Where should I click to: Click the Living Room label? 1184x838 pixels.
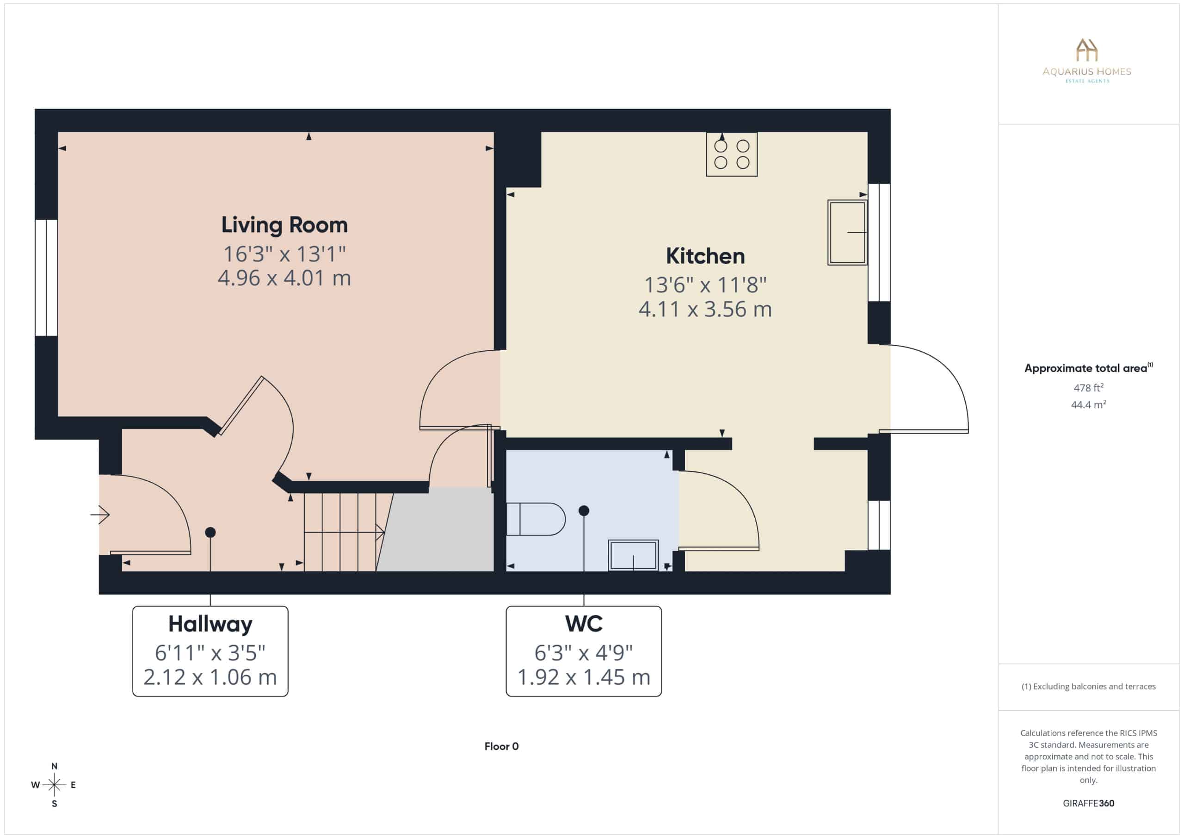click(x=284, y=225)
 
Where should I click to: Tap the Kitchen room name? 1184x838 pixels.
click(x=705, y=256)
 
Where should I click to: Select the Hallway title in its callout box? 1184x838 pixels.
click(x=210, y=624)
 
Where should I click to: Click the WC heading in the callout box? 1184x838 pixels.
click(x=584, y=624)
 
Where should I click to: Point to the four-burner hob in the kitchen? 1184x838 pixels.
click(x=732, y=154)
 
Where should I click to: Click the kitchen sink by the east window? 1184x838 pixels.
click(x=847, y=233)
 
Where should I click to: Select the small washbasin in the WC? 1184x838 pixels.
click(x=633, y=555)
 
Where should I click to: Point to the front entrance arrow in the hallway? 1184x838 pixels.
click(x=100, y=515)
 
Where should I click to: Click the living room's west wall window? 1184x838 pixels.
click(x=46, y=278)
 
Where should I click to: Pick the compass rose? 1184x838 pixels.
click(x=54, y=785)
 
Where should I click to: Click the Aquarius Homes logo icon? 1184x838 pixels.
click(x=1086, y=50)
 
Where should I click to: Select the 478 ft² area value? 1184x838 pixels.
click(x=1089, y=387)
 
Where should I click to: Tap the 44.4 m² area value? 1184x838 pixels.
click(x=1089, y=404)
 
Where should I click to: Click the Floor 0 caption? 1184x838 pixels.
click(x=501, y=746)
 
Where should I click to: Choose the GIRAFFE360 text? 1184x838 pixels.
click(x=1089, y=803)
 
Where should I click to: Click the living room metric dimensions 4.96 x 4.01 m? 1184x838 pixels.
click(x=284, y=278)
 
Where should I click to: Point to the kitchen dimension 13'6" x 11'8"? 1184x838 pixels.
click(x=705, y=285)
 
